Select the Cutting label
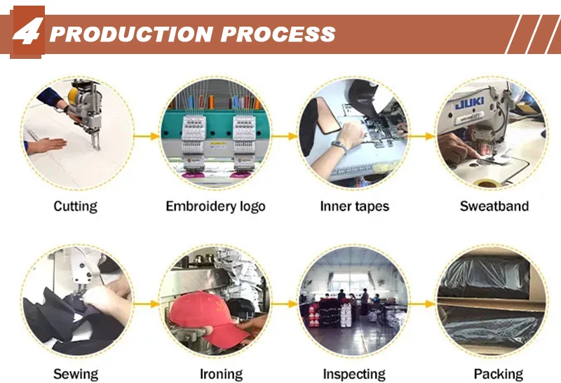click(x=75, y=206)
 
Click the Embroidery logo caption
click(x=215, y=206)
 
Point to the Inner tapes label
click(x=354, y=206)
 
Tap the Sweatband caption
click(x=494, y=206)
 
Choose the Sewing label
click(x=75, y=374)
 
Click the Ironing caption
click(x=221, y=374)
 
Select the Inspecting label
click(x=354, y=374)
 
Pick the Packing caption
click(x=498, y=374)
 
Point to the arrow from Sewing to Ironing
click(x=146, y=304)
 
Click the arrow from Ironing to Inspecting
click(x=284, y=304)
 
